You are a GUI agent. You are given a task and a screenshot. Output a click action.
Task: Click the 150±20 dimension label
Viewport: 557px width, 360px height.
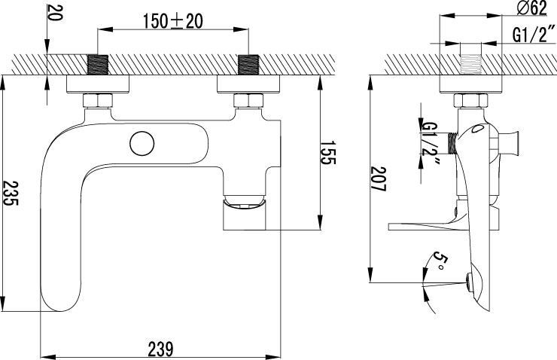pyautogui.click(x=173, y=21)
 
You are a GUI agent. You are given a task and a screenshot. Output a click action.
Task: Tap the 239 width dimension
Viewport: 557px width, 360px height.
pyautogui.click(x=161, y=349)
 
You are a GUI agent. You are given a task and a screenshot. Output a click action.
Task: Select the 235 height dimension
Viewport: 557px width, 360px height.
pyautogui.click(x=11, y=193)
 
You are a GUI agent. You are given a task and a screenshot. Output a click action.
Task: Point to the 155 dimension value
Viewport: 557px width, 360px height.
pyautogui.click(x=328, y=152)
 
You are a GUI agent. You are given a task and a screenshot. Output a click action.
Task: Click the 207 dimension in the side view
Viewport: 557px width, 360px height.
pyautogui.click(x=378, y=178)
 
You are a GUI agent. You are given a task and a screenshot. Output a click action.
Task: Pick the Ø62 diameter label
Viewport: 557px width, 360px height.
pyautogui.click(x=531, y=8)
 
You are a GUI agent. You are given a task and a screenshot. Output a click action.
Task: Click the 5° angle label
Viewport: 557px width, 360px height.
pyautogui.click(x=440, y=261)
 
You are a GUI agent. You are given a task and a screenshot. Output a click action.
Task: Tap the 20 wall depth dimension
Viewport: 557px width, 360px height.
pyautogui.click(x=53, y=13)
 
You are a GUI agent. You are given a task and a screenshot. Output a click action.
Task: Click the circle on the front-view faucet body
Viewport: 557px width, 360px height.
pyautogui.click(x=142, y=144)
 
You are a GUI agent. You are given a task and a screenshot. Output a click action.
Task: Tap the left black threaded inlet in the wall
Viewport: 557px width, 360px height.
pyautogui.click(x=98, y=65)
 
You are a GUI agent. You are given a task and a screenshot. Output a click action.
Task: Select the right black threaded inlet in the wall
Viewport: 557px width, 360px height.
pyautogui.click(x=248, y=65)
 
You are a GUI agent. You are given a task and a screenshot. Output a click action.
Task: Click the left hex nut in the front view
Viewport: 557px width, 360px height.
pyautogui.click(x=98, y=101)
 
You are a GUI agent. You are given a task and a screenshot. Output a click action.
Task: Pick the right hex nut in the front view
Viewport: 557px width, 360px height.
pyautogui.click(x=248, y=101)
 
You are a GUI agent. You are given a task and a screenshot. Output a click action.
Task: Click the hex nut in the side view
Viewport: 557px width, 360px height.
pyautogui.click(x=470, y=101)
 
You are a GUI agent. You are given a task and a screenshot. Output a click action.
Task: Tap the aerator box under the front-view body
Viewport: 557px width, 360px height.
pyautogui.click(x=245, y=215)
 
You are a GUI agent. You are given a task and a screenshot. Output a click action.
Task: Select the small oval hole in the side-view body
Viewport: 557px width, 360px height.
pyautogui.click(x=477, y=129)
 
